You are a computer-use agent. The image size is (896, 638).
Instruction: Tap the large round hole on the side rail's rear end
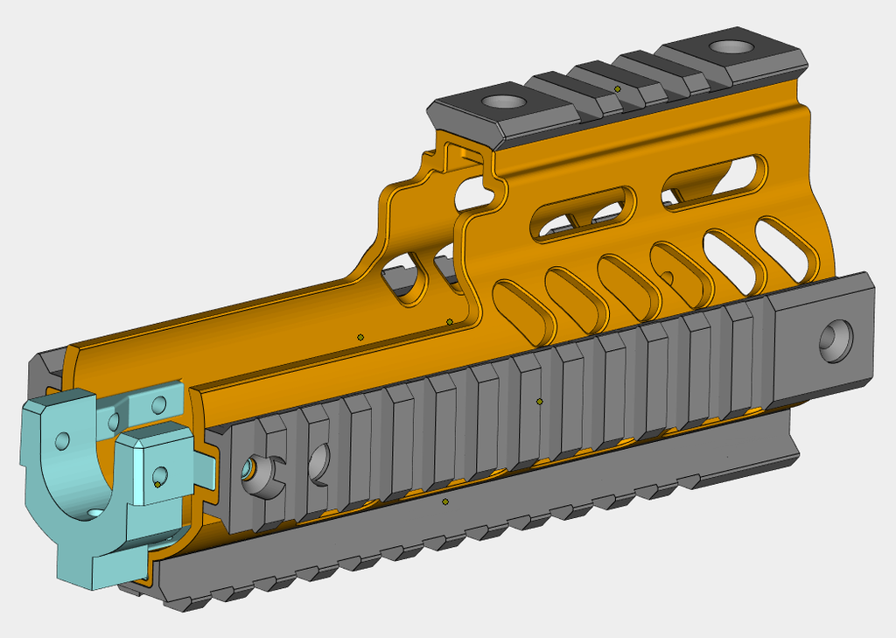point(835,340)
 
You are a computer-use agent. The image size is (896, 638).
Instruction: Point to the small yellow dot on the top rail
point(618,89)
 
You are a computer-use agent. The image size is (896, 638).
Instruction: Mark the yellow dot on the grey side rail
point(540,402)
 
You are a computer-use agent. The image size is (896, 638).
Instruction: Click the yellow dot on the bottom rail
point(445,501)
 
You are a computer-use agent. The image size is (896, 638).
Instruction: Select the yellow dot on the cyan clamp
point(157,484)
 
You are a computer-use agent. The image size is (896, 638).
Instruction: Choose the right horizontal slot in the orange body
point(716,179)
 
